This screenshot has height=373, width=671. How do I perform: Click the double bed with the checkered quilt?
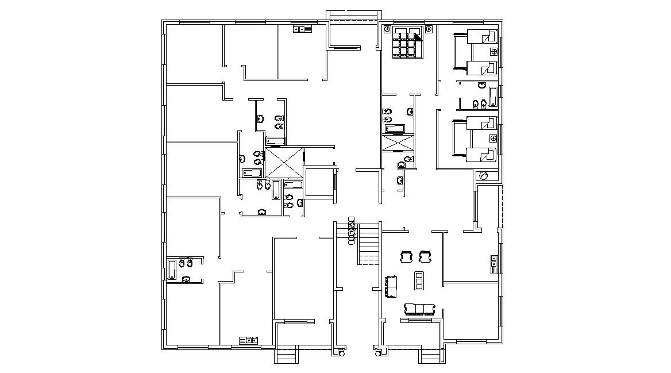[x=407, y=43]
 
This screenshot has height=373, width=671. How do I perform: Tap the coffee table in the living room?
[x=419, y=280]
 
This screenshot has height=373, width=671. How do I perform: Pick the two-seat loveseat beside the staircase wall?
[x=392, y=286]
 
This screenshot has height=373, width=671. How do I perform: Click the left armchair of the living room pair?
[x=406, y=256]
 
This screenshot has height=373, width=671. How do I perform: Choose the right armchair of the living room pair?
[x=425, y=256]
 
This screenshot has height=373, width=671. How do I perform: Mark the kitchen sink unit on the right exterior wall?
[x=493, y=264]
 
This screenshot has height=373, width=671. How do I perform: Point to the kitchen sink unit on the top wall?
[x=302, y=29]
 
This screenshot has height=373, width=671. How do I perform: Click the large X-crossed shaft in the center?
[x=283, y=163]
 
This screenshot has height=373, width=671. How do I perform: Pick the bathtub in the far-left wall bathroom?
[x=172, y=269]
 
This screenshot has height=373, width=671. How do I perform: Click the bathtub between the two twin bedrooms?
[x=492, y=97]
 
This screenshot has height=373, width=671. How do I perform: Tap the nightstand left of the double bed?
[x=387, y=29]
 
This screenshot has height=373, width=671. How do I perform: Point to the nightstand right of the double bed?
[x=428, y=29]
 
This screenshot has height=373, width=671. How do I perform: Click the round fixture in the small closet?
[x=484, y=176]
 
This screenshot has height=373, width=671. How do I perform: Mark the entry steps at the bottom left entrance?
[x=287, y=357]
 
